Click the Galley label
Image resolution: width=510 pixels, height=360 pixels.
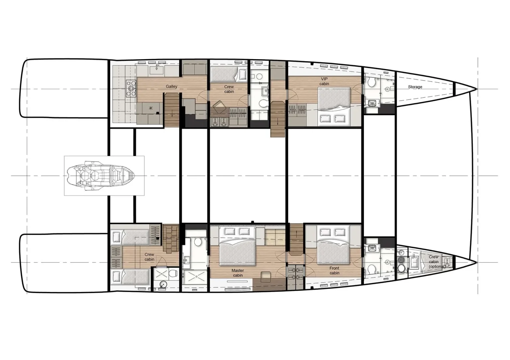[x=172, y=87]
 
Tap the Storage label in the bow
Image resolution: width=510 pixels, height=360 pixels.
[x=415, y=87]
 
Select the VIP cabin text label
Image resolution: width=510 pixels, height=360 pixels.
[x=324, y=81]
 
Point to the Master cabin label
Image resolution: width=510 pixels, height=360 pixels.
[x=238, y=273]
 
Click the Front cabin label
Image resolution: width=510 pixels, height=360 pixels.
[x=334, y=270]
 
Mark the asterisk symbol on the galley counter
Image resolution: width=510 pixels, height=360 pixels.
[x=151, y=108]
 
